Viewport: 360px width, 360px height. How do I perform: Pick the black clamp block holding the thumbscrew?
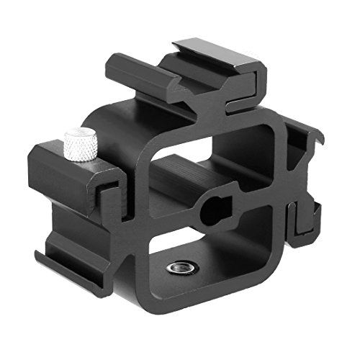(68, 176)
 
